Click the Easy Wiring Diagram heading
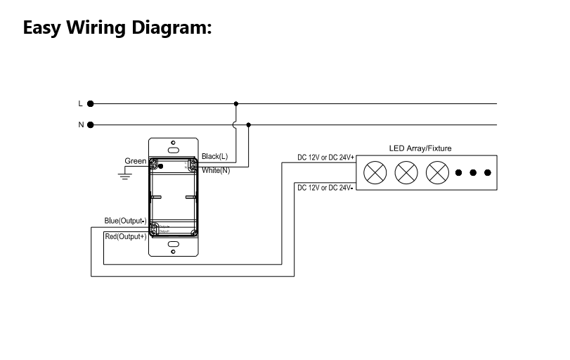(x=117, y=28)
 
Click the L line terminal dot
(x=91, y=103)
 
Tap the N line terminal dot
(x=91, y=125)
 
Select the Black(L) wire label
(x=215, y=156)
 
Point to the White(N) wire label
(x=216, y=171)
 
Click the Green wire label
(x=136, y=161)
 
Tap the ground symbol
(x=126, y=175)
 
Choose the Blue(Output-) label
(x=125, y=221)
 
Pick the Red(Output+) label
(x=125, y=237)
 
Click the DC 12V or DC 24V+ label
(x=325, y=157)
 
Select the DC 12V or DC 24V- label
(x=325, y=188)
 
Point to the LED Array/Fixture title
(x=420, y=148)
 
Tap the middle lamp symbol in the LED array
(x=406, y=172)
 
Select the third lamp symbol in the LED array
(x=438, y=172)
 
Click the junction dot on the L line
(x=236, y=103)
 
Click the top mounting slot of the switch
(x=173, y=149)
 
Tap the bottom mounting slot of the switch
(x=173, y=247)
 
